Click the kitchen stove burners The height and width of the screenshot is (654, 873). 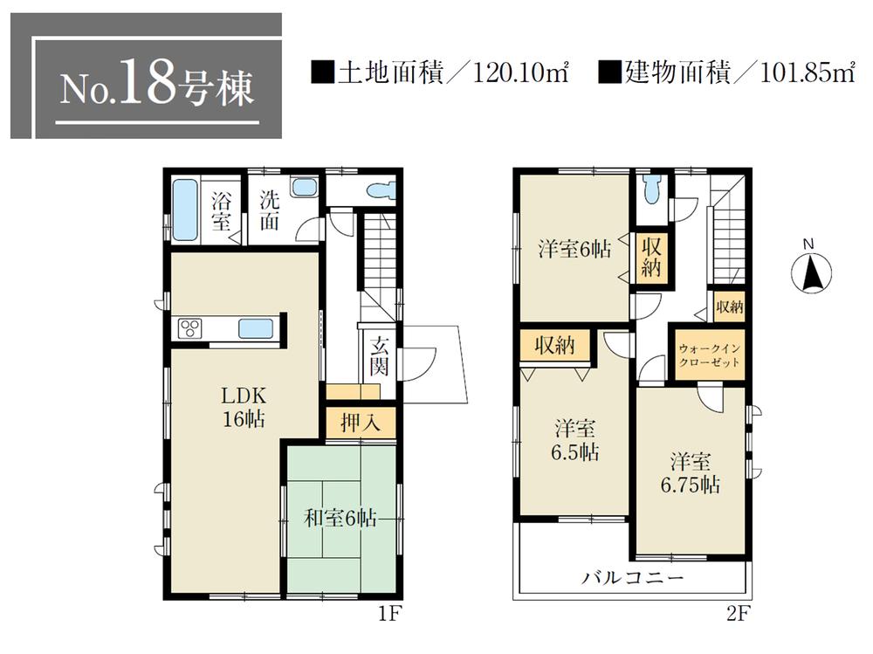(x=191, y=328)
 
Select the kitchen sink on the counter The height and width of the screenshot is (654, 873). (x=257, y=329)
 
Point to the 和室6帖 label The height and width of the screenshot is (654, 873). (x=340, y=518)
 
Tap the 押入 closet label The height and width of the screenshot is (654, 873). (x=360, y=423)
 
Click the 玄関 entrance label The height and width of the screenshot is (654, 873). (x=377, y=355)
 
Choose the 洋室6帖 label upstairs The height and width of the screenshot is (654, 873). (x=573, y=248)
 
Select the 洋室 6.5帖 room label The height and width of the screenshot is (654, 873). (x=574, y=442)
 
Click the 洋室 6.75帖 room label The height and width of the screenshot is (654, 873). (x=691, y=472)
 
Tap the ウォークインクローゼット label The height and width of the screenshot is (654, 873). (x=708, y=355)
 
